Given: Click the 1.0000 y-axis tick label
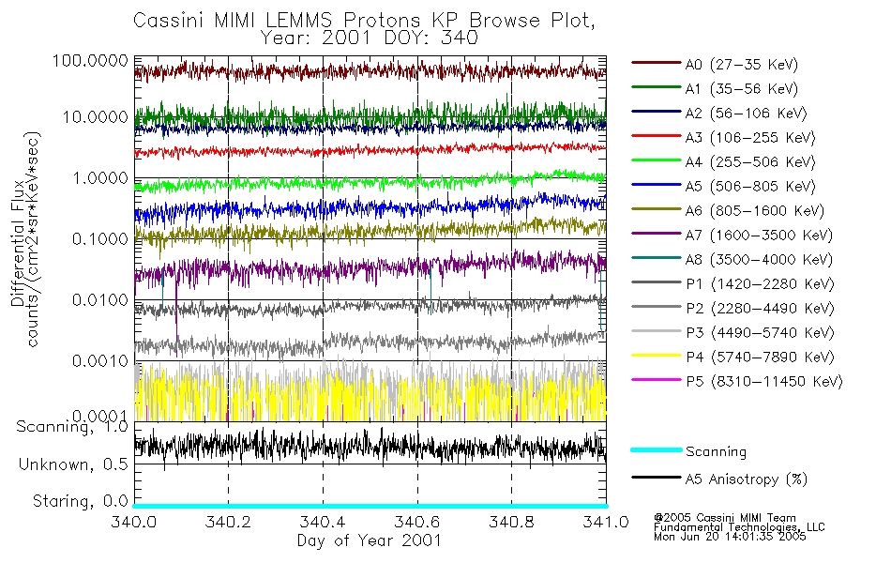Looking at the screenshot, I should pyautogui.click(x=98, y=178).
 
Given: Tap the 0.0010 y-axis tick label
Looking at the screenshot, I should pyautogui.click(x=98, y=361).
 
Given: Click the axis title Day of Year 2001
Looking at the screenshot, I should pyautogui.click(x=369, y=540).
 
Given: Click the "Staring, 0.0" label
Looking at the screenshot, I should pyautogui.click(x=78, y=500).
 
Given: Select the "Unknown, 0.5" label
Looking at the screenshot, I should pyautogui.click(x=74, y=464).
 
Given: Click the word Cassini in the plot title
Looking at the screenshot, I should pyautogui.click(x=166, y=20).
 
